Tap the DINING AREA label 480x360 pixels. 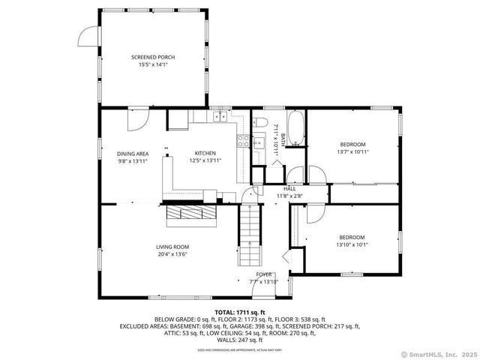[x=132, y=154]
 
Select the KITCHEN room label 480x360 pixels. [x=205, y=154]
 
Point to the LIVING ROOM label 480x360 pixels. [x=172, y=247]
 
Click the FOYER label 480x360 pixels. [x=264, y=274]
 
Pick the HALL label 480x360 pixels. [x=289, y=189]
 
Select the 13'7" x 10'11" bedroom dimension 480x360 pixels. [x=352, y=151]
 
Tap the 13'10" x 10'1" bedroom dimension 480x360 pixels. [x=352, y=244]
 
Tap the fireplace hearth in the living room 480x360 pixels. [x=190, y=215]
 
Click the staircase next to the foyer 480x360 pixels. [x=250, y=235]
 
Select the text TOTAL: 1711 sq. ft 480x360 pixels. [x=240, y=312]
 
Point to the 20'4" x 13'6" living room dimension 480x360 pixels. [x=172, y=254]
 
